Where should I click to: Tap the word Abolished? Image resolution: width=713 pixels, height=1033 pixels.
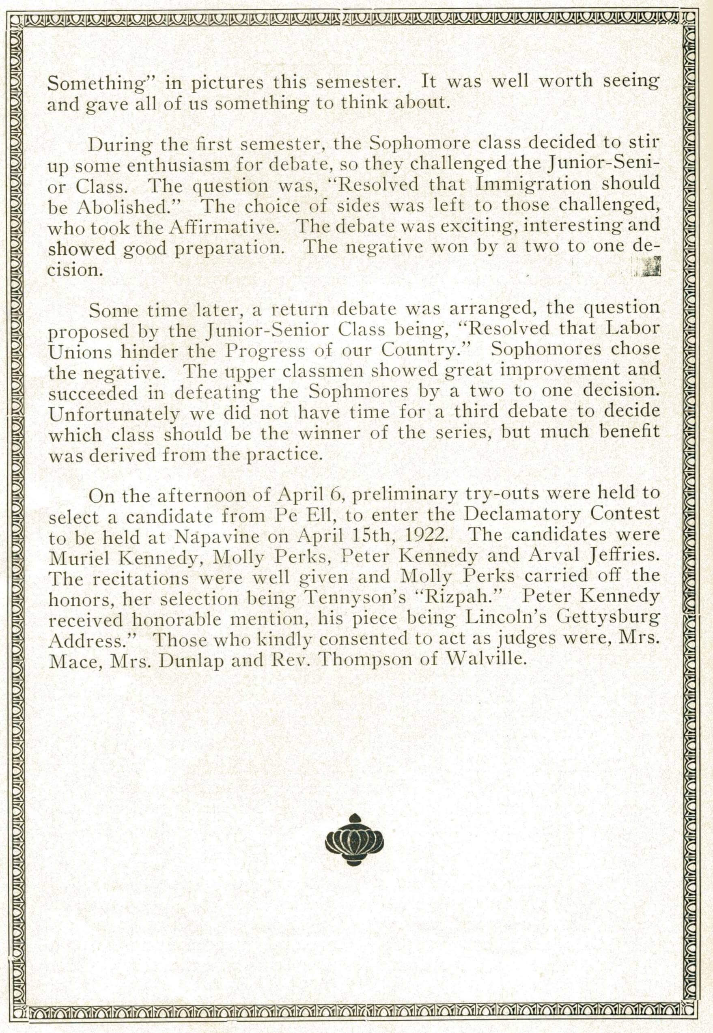123,207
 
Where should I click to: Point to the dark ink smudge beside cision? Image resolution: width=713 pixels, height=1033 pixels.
652,267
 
